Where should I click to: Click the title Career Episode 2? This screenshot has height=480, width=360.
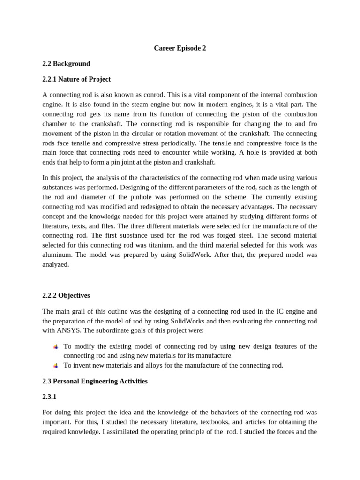pos(180,48)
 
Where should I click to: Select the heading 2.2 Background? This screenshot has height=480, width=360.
pos(66,64)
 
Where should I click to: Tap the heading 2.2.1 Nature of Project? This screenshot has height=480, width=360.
pos(76,79)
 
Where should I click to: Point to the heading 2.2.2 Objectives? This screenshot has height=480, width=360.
pos(66,296)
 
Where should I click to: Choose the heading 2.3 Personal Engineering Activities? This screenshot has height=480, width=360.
pos(95,382)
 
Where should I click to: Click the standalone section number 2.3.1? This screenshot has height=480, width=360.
pos(49,397)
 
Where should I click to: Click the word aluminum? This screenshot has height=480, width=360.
pos(56,255)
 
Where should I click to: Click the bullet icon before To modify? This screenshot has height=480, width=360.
pos(56,347)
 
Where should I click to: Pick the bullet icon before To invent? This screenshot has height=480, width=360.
pos(56,366)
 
